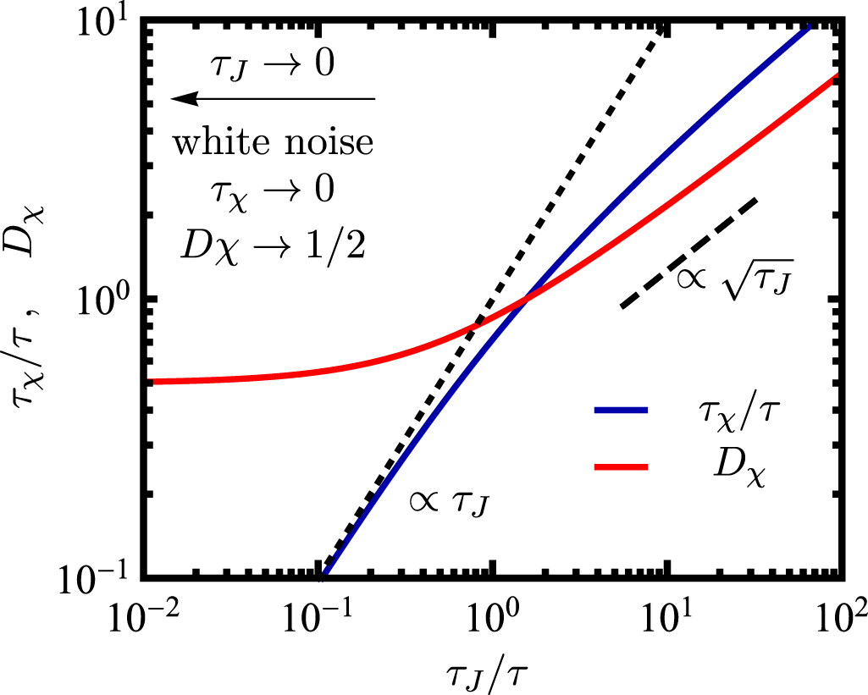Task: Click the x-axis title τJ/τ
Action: (x=492, y=669)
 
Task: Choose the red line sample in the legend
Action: (x=622, y=466)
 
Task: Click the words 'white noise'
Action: (x=273, y=142)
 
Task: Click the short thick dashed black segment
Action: (x=688, y=253)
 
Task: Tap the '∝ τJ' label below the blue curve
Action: (x=447, y=505)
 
